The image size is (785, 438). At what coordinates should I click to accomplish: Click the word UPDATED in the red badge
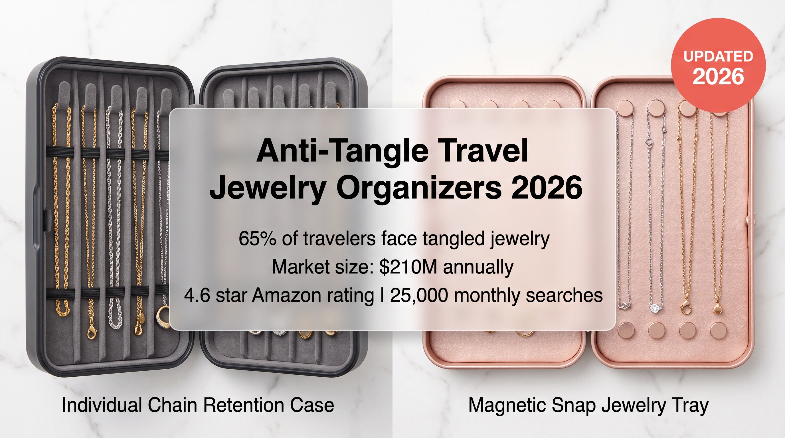point(718,57)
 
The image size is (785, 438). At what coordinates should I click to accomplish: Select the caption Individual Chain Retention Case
point(198,405)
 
